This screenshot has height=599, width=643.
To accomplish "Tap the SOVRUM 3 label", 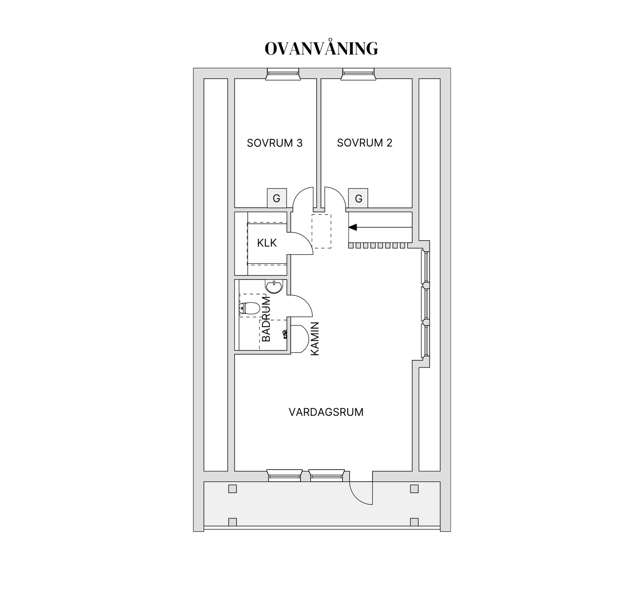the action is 275,143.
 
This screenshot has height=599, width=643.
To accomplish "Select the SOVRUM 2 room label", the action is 364,143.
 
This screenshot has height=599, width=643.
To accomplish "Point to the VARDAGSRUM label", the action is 326,412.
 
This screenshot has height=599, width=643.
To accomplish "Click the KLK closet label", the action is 267,243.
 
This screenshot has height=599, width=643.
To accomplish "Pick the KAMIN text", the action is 315,339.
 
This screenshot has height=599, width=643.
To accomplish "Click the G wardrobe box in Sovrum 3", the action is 277,198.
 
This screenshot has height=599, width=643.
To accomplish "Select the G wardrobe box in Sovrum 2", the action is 358,198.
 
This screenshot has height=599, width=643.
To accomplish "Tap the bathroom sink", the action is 274,287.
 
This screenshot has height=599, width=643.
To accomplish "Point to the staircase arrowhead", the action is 353,227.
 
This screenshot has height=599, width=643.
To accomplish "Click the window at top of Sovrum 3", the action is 283,74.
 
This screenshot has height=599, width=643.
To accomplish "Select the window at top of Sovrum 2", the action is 358,74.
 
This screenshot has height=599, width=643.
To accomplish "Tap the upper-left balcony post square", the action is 232,489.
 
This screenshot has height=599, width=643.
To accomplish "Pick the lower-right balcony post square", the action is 414,522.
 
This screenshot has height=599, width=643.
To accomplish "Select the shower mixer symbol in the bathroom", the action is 285,334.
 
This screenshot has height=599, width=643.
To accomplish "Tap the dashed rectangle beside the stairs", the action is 321,231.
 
